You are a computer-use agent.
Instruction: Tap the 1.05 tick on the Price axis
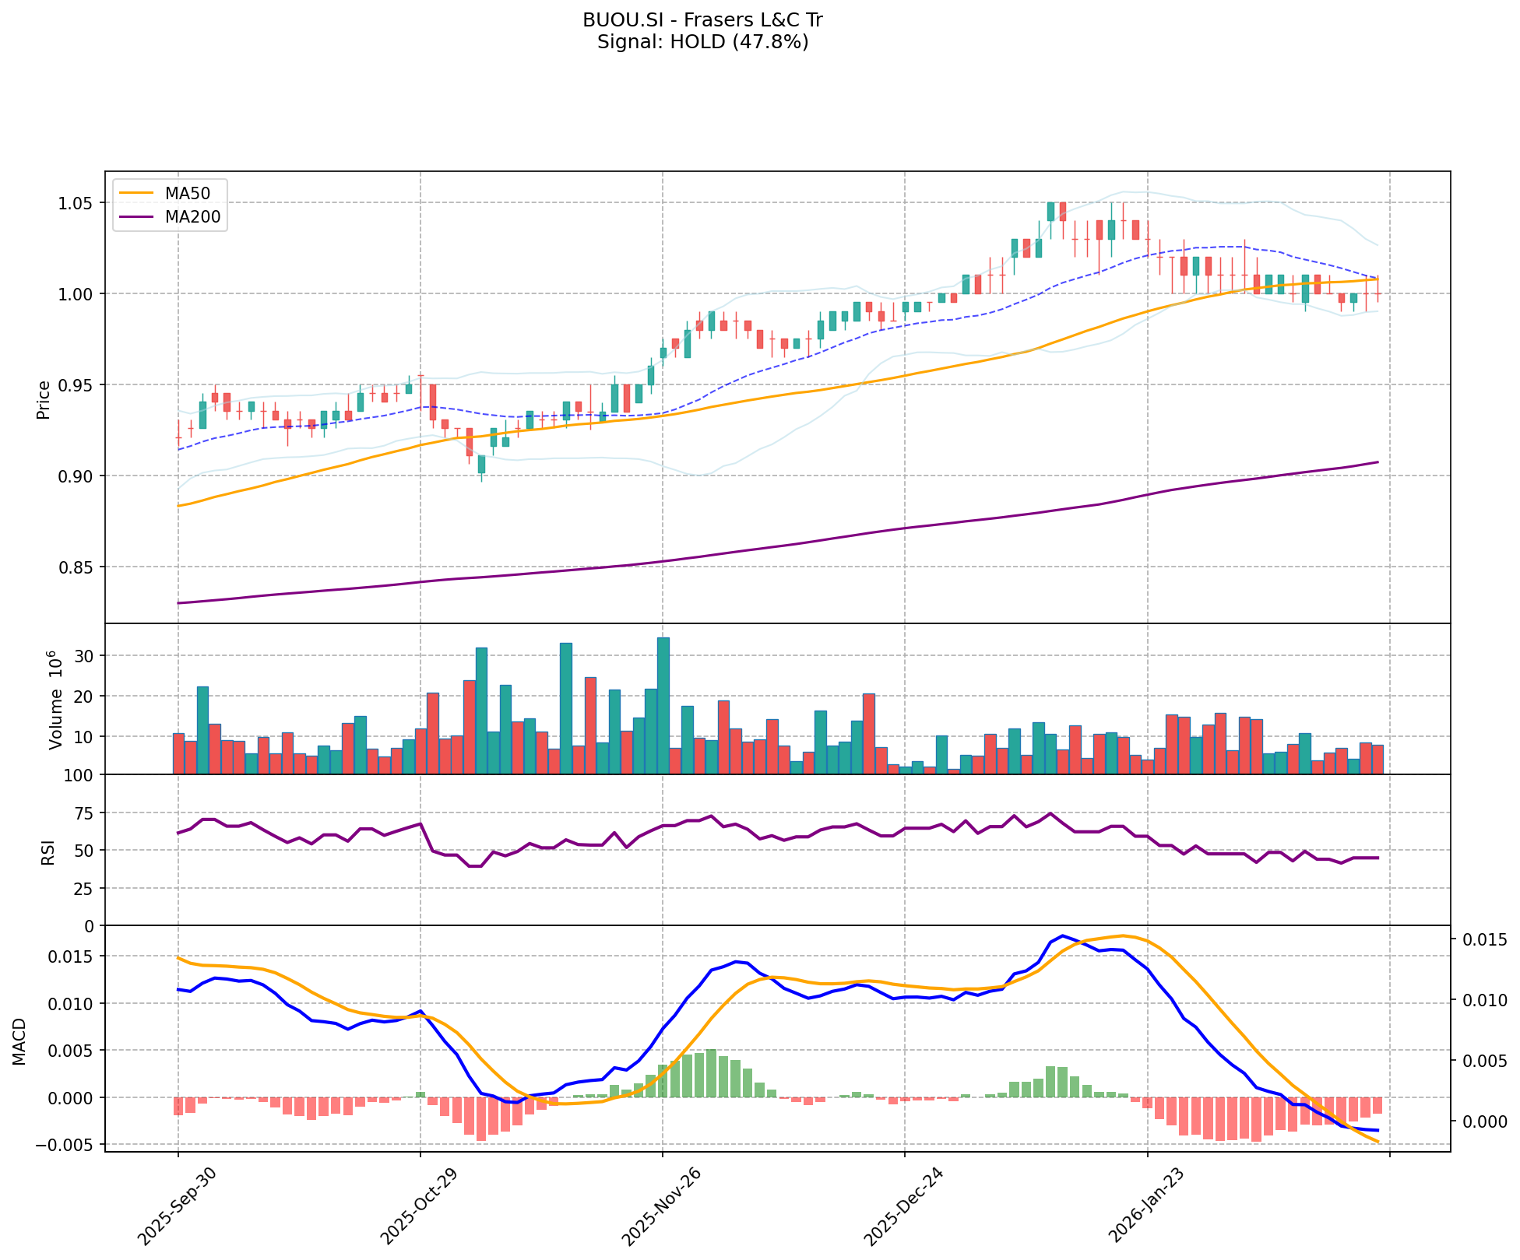pos(76,203)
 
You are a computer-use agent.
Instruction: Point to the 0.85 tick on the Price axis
pos(76,567)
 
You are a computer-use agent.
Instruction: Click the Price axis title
pos(44,398)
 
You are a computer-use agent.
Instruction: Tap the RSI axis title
pos(48,851)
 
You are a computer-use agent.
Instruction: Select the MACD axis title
pos(19,1041)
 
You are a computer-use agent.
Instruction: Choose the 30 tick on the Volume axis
pos(85,656)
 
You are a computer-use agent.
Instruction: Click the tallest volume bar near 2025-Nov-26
pos(663,705)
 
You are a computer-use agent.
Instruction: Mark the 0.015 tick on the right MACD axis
pos(1483,940)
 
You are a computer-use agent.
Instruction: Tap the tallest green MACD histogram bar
pos(711,1073)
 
